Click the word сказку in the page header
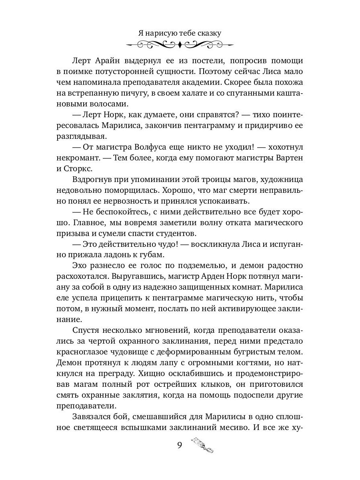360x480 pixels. (207, 33)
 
